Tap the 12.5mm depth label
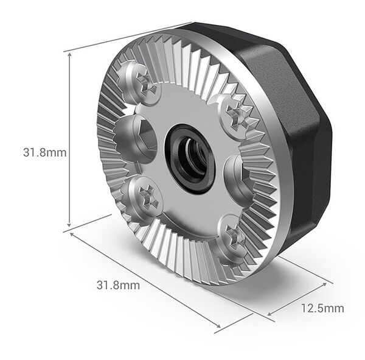click(x=322, y=308)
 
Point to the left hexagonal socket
click(x=134, y=139)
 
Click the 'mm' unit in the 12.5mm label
click(x=334, y=308)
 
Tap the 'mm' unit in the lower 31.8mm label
click(x=130, y=284)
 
